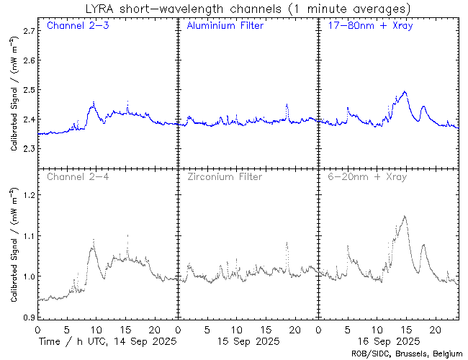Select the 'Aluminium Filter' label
pos(225,26)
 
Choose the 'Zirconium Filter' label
pos(224,176)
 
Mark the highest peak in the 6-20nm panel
pos(405,216)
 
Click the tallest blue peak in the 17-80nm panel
pos(405,91)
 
